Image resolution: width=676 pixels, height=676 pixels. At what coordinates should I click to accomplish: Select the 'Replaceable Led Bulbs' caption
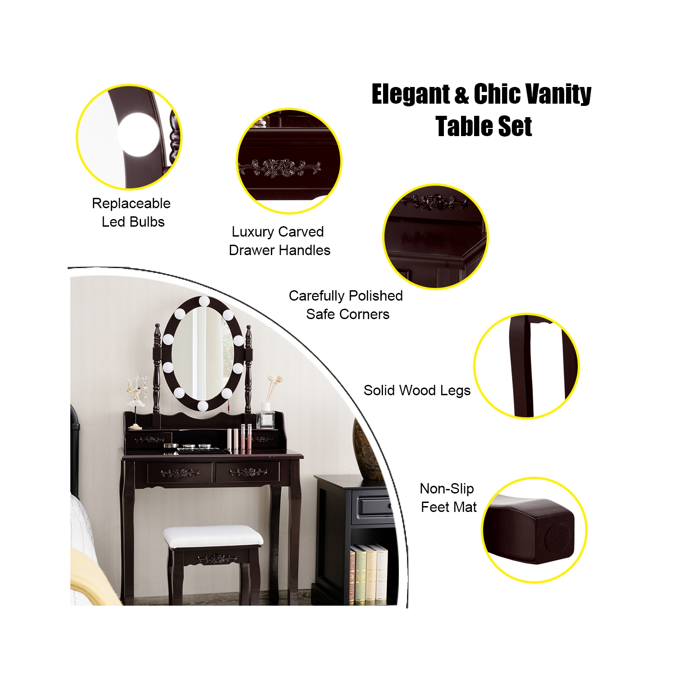(131, 212)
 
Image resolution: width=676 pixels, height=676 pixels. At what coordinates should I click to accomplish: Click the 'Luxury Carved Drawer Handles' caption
(279, 241)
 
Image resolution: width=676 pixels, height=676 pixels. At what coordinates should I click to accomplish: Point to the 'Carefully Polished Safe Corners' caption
(346, 305)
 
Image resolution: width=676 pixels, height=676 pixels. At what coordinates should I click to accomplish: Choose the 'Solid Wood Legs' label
(417, 390)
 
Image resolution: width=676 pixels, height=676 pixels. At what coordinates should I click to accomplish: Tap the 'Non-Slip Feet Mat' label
(448, 498)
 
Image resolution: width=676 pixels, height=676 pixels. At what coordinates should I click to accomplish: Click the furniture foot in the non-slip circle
(532, 530)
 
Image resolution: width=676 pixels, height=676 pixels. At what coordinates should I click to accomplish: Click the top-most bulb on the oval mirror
(204, 301)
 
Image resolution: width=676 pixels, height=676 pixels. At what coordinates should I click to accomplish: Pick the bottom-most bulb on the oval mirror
(203, 406)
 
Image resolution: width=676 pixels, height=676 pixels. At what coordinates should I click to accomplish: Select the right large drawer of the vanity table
(248, 472)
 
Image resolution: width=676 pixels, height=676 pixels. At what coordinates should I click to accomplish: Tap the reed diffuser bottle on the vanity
(266, 417)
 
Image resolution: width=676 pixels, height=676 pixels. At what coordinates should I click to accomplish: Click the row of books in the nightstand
(369, 573)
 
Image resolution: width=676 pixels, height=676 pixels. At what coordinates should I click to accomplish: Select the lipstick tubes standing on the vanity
(239, 438)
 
